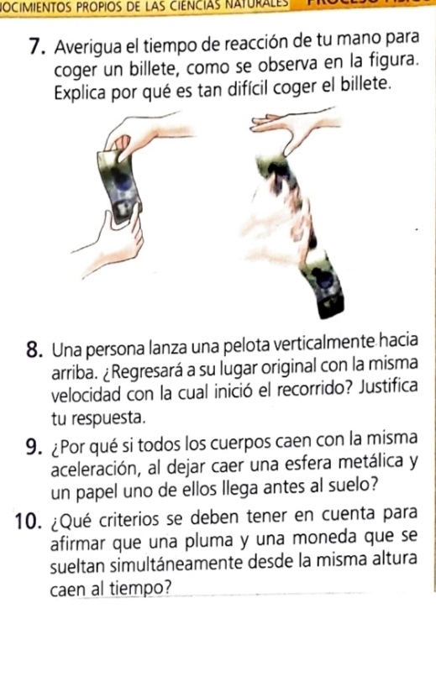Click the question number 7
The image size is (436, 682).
(x=40, y=45)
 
